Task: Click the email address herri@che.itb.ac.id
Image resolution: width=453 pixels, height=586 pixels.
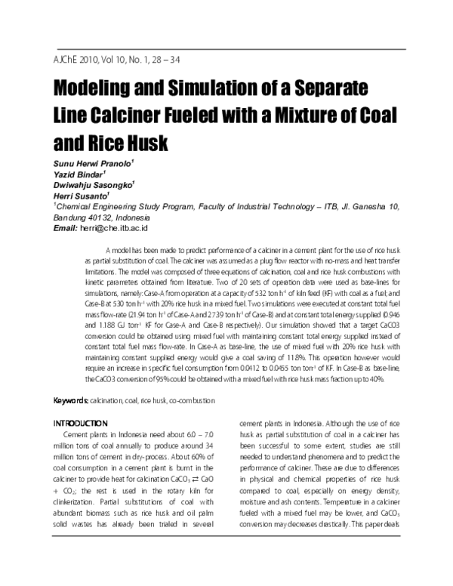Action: tap(113, 227)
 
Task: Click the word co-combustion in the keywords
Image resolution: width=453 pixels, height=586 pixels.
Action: tap(192, 399)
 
